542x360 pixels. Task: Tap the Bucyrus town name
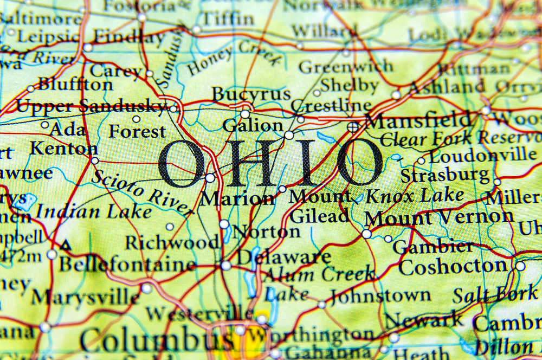pos(251,94)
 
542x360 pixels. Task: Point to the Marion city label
pos(237,198)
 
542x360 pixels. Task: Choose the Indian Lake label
pos(93,211)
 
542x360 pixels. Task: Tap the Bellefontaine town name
pos(127,265)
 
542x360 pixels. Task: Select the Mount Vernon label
pos(439,217)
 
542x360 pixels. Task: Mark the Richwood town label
pos(171,242)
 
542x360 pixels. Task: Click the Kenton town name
pos(63,148)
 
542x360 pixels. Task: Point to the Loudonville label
pos(482,156)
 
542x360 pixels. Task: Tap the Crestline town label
pos(331,105)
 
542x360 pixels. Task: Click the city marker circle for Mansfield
pos(353,127)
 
